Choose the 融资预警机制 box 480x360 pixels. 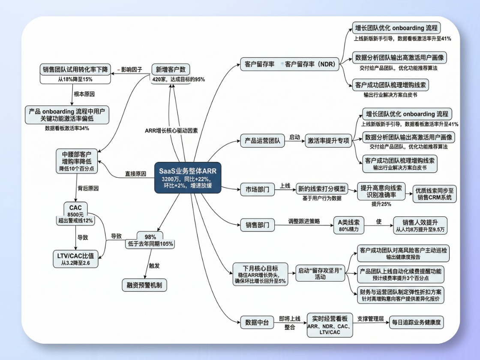click(144, 285)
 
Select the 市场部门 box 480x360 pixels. click(258, 189)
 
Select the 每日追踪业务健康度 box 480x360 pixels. click(416, 322)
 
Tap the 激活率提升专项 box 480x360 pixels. click(328, 141)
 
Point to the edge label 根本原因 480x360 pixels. click(84, 94)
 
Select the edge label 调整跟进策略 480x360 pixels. click(304, 221)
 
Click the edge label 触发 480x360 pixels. click(154, 266)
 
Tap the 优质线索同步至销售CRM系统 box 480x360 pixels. click(434, 194)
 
